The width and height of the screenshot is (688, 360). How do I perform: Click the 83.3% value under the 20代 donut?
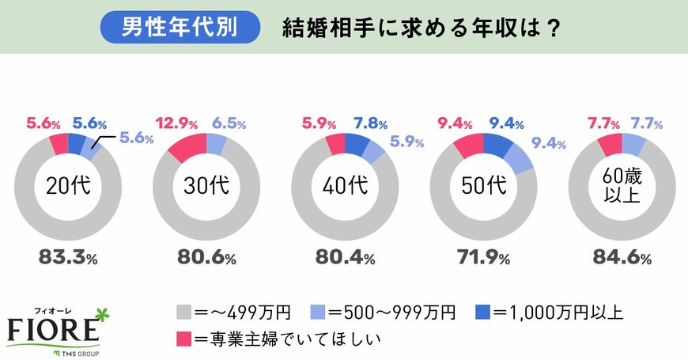[x=68, y=258]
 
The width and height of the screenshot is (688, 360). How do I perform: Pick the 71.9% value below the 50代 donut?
[x=483, y=258]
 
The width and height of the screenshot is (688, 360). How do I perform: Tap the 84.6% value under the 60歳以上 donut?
[x=622, y=258]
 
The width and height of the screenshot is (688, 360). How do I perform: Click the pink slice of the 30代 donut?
[x=186, y=148]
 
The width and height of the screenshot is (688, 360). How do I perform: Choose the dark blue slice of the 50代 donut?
[x=497, y=144]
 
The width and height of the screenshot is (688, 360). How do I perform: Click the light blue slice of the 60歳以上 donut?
[x=633, y=143]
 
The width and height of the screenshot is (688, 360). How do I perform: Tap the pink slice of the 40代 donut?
[x=335, y=144]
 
